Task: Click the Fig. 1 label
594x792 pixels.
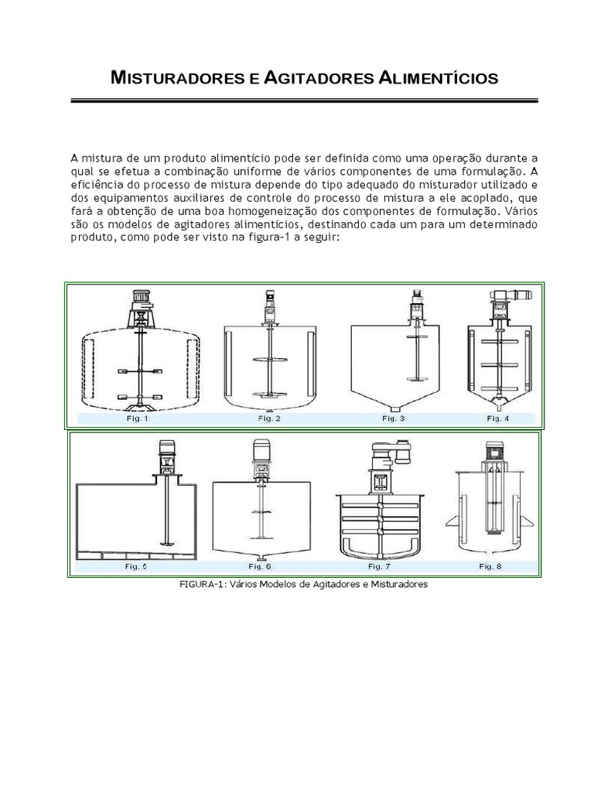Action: pyautogui.click(x=138, y=418)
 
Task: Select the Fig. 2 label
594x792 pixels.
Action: pyautogui.click(x=268, y=418)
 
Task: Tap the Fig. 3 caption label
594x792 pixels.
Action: pyautogui.click(x=394, y=418)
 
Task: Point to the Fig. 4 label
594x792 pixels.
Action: pyautogui.click(x=498, y=418)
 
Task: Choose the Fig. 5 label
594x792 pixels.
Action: pyautogui.click(x=136, y=566)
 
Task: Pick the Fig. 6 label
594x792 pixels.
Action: pyautogui.click(x=260, y=566)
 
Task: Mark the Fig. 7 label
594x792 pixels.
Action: pyautogui.click(x=379, y=566)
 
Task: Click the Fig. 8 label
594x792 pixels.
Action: pyautogui.click(x=490, y=566)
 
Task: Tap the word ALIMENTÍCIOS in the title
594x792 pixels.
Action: pyautogui.click(x=438, y=78)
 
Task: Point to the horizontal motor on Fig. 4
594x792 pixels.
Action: pyautogui.click(x=517, y=294)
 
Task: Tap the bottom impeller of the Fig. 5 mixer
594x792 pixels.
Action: pyautogui.click(x=166, y=544)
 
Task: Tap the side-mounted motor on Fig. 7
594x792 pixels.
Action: pyautogui.click(x=402, y=452)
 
